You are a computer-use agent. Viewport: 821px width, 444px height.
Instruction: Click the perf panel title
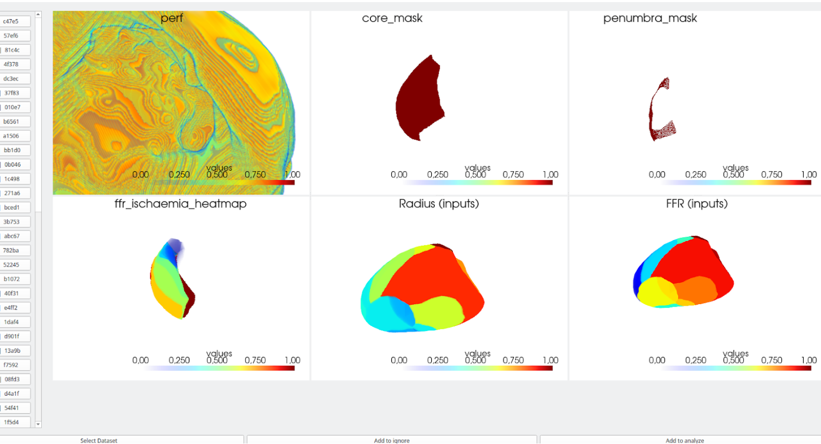tap(172, 18)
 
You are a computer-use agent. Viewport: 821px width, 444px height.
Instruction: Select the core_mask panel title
tap(392, 18)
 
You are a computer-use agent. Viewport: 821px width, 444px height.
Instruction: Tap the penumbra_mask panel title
tap(650, 18)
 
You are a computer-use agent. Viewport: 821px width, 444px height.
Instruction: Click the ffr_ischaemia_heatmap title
tap(180, 203)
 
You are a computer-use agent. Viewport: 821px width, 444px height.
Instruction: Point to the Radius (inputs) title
tap(439, 203)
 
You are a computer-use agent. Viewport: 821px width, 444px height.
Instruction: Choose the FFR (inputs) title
tap(697, 203)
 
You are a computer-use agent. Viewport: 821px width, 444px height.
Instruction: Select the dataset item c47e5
tap(11, 21)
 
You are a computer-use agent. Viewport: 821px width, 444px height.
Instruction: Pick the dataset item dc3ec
tap(11, 78)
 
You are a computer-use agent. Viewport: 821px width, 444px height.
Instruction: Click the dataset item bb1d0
tap(11, 150)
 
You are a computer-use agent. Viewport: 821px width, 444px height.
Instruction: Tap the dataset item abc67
tap(11, 236)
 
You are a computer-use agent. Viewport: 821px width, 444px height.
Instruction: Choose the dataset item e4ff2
tap(11, 307)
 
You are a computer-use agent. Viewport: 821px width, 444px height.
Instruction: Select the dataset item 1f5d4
tap(11, 422)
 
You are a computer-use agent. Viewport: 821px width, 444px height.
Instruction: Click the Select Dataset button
tap(99, 440)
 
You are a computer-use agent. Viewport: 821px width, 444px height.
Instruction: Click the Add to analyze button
tap(685, 440)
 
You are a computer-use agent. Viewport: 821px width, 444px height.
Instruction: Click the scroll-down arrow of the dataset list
tap(38, 424)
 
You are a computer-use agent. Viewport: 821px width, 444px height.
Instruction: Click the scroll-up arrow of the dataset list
tap(38, 14)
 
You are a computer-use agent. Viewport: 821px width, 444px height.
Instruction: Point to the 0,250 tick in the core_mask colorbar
tap(437, 175)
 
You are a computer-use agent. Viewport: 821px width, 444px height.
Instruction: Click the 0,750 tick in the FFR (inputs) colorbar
tap(771, 360)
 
